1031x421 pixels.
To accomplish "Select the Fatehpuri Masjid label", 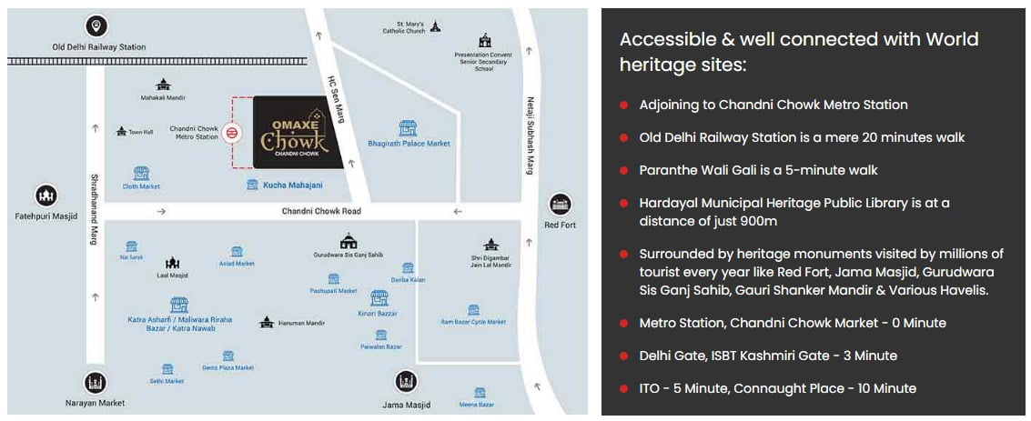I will (45, 216).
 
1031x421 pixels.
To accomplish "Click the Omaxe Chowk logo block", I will (297, 133).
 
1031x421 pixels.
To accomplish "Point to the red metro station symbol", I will (233, 133).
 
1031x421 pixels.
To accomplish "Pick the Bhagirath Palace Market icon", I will (409, 128).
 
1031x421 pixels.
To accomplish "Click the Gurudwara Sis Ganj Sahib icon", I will (348, 241).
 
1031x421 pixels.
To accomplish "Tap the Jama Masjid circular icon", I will (406, 382).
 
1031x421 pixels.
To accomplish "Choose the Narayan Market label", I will (96, 402).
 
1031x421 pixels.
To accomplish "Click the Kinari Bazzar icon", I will (379, 298).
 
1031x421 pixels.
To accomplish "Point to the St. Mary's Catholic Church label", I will (404, 27).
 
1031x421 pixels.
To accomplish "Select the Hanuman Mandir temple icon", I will (267, 322).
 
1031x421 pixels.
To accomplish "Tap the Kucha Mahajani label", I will (292, 185).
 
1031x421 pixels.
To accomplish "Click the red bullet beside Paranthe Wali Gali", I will (624, 171).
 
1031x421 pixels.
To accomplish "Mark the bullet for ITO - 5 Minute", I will (624, 388).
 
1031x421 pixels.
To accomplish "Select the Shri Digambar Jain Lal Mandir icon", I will (491, 244).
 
